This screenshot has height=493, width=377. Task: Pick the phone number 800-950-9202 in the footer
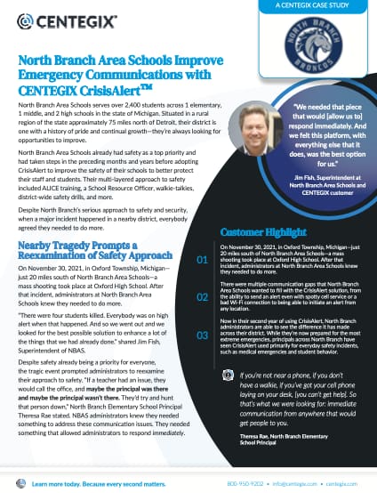coord(245,482)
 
